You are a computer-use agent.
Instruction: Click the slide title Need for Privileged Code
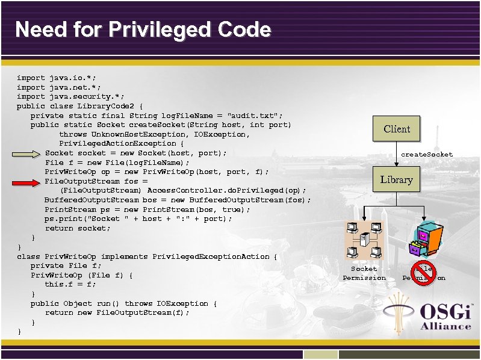[x=143, y=29]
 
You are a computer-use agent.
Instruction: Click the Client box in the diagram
[x=396, y=129]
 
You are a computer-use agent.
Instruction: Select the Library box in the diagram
[x=396, y=179]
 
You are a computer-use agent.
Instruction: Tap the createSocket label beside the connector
[x=427, y=155]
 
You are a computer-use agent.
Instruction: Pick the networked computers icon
[x=364, y=240]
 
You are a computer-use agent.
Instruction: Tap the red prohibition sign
[x=423, y=273]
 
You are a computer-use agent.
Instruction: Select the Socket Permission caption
[x=364, y=273]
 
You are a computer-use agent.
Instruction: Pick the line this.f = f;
[x=70, y=285]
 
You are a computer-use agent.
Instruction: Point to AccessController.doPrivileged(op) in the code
[x=226, y=191]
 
